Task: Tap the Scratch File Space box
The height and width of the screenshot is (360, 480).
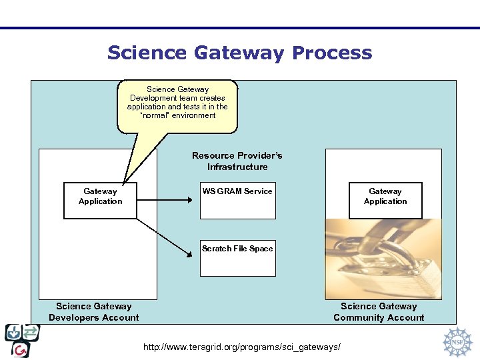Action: tap(238, 259)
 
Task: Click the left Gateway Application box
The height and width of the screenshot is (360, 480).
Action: tap(100, 200)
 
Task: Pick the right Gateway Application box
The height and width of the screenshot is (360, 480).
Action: tap(385, 200)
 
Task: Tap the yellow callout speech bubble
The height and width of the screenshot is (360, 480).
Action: tap(177, 104)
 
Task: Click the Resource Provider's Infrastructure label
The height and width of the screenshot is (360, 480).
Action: tap(237, 161)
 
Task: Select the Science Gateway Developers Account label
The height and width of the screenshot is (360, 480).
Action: tap(94, 312)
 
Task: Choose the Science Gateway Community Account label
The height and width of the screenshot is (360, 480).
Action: tap(379, 312)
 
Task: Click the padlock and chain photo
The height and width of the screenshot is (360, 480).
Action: tap(383, 259)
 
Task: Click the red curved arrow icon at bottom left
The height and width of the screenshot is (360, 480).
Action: tap(21, 349)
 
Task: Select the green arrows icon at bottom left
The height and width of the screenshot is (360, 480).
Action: tap(31, 332)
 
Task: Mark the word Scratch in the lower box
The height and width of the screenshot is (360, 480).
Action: tap(216, 249)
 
